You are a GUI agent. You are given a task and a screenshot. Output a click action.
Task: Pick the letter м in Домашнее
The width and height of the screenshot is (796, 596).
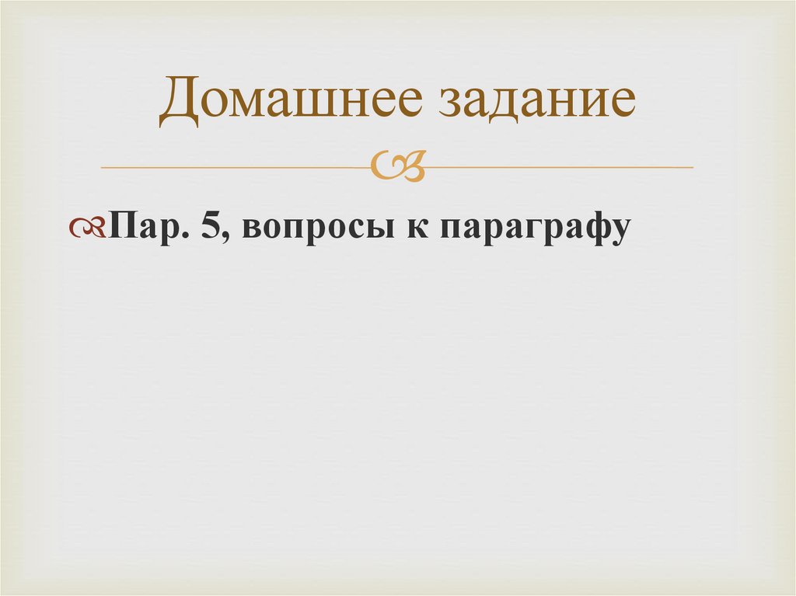255,107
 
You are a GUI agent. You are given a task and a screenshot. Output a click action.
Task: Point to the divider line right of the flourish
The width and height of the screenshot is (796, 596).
560,167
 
